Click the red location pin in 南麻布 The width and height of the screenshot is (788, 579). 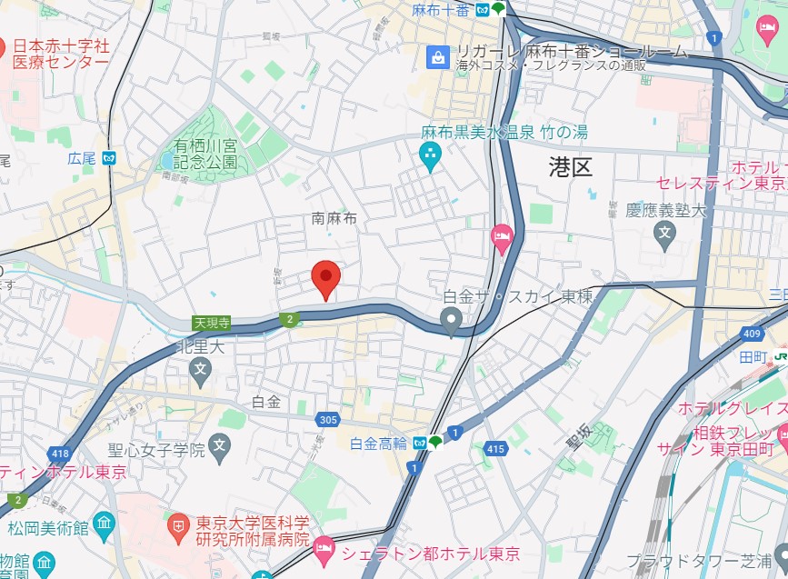click(x=325, y=276)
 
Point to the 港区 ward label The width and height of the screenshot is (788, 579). click(x=570, y=166)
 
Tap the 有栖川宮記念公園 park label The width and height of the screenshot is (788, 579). click(x=206, y=155)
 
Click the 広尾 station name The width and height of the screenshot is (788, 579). click(x=81, y=158)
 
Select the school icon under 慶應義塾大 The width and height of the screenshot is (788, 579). click(x=664, y=234)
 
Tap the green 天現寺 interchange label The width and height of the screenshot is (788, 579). click(x=211, y=322)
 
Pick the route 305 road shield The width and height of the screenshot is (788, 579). click(x=329, y=420)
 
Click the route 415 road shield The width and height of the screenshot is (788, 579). click(x=495, y=448)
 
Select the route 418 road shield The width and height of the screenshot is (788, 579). click(x=61, y=454)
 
